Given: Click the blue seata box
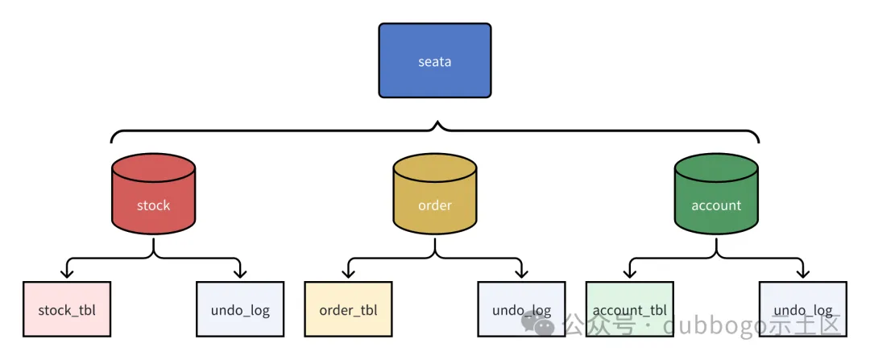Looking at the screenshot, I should [x=435, y=60].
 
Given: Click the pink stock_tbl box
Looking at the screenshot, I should [x=67, y=309].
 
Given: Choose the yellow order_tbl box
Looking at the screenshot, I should [x=348, y=309].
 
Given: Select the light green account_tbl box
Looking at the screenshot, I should [x=629, y=309].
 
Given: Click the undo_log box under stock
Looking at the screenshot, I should [x=240, y=309].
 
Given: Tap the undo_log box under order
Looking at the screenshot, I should [x=521, y=309].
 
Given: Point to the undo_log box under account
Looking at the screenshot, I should [x=802, y=309].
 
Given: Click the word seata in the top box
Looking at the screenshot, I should [x=435, y=61].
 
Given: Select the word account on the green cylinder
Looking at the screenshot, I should [x=716, y=205].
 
